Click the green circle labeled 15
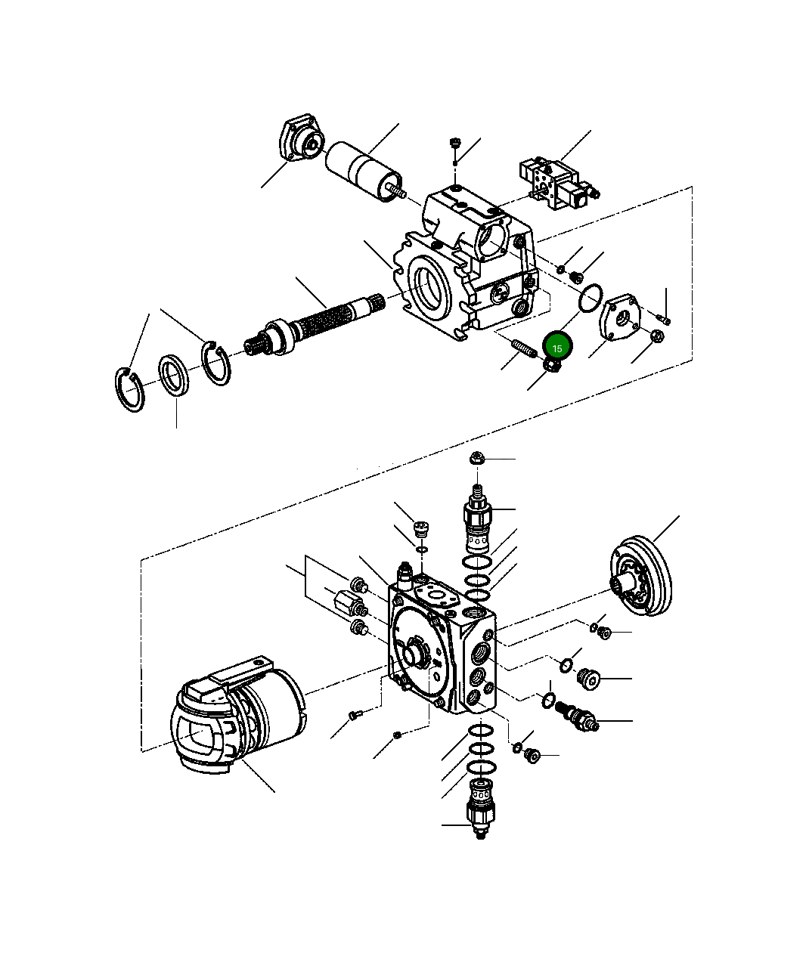tap(557, 348)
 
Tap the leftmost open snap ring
tap(130, 390)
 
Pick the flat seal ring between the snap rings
tap(176, 373)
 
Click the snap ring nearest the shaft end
tap(217, 363)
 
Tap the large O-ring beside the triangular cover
tap(590, 299)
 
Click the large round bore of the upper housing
tap(429, 292)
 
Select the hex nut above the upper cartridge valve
tap(476, 457)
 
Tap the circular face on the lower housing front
tap(413, 651)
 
